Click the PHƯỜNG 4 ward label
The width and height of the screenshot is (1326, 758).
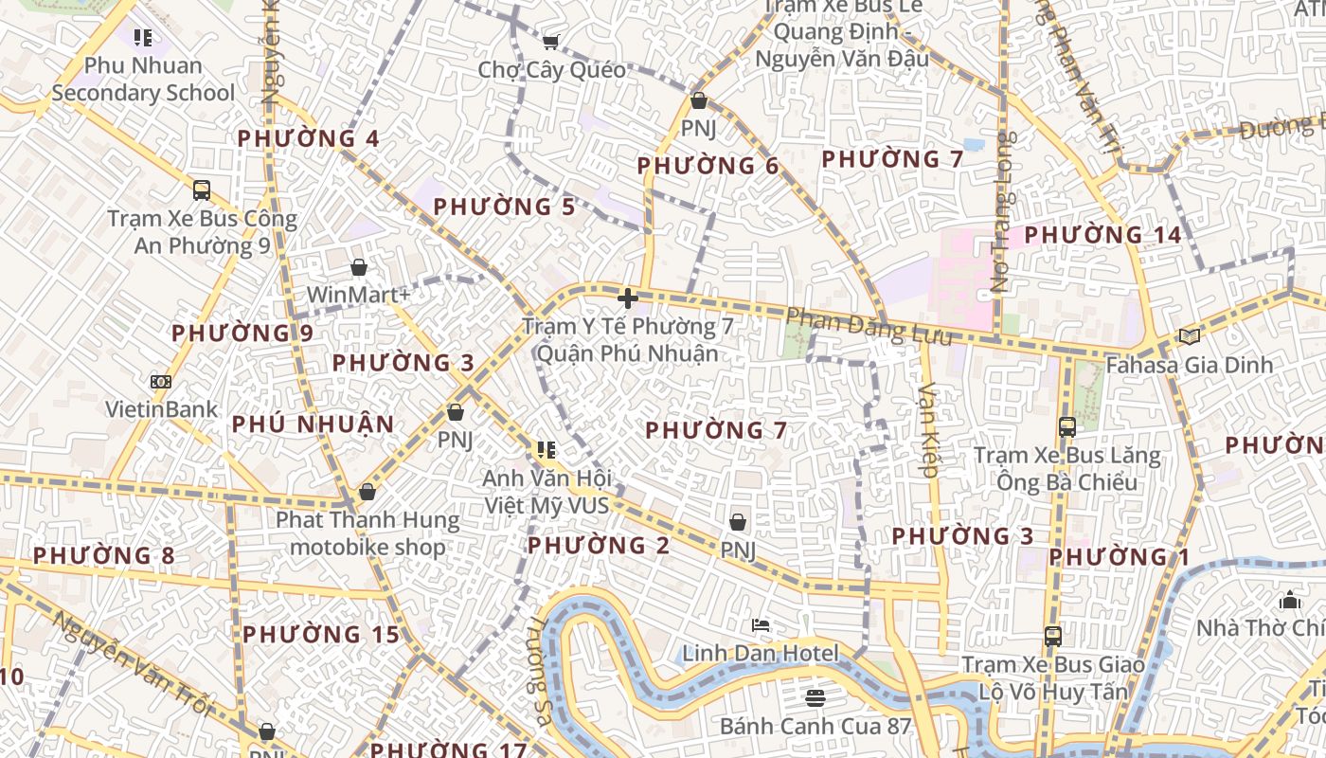308,138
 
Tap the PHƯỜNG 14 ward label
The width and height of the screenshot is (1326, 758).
1103,234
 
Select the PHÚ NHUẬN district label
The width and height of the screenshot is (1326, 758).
313,424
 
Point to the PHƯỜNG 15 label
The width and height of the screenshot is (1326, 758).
321,634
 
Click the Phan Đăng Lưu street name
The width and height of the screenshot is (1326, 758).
869,326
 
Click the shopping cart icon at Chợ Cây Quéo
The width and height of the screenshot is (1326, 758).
550,41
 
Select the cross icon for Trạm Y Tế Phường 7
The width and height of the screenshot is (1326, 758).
627,299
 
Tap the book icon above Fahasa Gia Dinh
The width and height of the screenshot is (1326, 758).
1189,335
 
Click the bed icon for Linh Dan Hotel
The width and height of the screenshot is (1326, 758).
761,625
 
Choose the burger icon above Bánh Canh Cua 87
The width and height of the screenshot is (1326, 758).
815,698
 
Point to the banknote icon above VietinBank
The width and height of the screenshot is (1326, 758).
161,382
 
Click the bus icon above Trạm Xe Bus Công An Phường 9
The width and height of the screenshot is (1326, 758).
202,189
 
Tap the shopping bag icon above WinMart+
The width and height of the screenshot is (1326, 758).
359,267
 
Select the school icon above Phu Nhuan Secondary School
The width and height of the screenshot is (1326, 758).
143,38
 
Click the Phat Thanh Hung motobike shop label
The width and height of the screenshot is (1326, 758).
367,533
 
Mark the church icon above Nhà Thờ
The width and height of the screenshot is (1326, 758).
1289,600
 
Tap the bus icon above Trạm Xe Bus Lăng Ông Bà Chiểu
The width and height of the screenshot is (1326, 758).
1067,427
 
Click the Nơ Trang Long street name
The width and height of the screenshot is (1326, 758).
1002,211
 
